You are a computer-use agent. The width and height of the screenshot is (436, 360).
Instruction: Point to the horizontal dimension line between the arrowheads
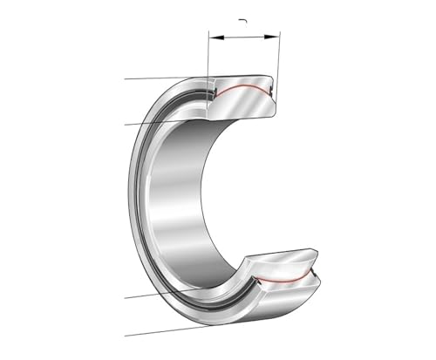(x=243, y=37)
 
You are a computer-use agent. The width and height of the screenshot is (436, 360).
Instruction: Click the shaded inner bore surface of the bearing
(x=179, y=200)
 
